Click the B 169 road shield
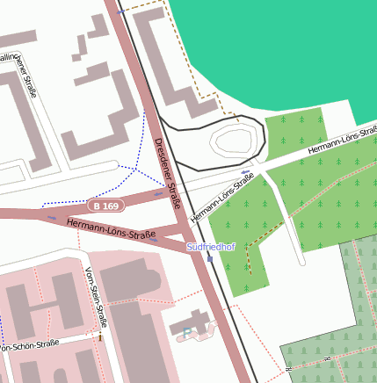pyautogui.click(x=105, y=206)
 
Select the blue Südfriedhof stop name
pyautogui.click(x=211, y=248)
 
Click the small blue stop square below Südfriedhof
pyautogui.click(x=209, y=258)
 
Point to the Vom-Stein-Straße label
pyautogui.click(x=96, y=295)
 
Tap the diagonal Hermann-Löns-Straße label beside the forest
pyautogui.click(x=221, y=197)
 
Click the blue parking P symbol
pyautogui.click(x=186, y=332)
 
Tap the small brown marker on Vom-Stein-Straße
pyautogui.click(x=102, y=337)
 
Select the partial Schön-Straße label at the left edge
pyautogui.click(x=30, y=346)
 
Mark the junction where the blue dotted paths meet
pyautogui.click(x=139, y=166)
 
